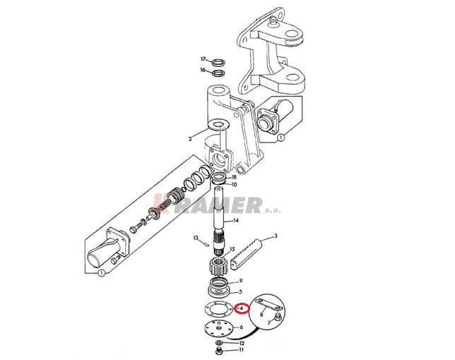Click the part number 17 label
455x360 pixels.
pyautogui.click(x=203, y=59)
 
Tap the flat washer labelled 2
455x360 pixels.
pyautogui.click(x=219, y=125)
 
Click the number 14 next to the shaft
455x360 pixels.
pyautogui.click(x=236, y=220)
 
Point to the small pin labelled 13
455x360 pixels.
pyautogui.click(x=206, y=244)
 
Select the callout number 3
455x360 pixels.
pyautogui.click(x=276, y=236)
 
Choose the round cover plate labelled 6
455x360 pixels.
pyautogui.click(x=219, y=329)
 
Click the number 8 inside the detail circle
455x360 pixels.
pyautogui.click(x=261, y=315)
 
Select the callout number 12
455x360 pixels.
pyautogui.click(x=242, y=343)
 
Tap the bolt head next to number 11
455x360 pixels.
pyautogui.click(x=219, y=351)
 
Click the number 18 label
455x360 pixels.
pyautogui.click(x=234, y=177)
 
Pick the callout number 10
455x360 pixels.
pyautogui.click(x=234, y=184)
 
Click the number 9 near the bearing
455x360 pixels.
pyautogui.click(x=241, y=280)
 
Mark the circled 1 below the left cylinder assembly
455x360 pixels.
pyautogui.click(x=101, y=272)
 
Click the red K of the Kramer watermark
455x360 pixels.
pyautogui.click(x=160, y=203)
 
